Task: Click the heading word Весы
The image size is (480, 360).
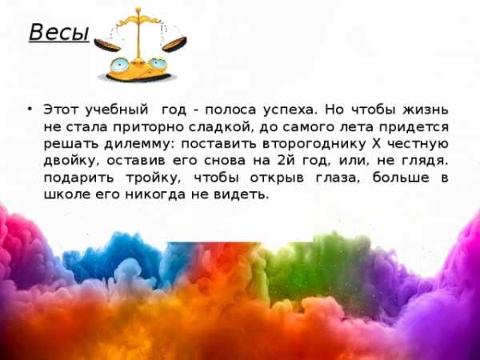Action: click(x=59, y=33)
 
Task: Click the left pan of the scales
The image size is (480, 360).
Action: click(x=107, y=45)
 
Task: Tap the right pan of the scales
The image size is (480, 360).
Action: click(x=174, y=44)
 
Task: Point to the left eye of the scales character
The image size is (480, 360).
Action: click(x=119, y=65)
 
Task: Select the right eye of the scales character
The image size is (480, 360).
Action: click(x=158, y=64)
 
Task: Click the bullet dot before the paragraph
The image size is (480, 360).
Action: click(x=30, y=109)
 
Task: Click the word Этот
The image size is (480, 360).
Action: click(x=62, y=110)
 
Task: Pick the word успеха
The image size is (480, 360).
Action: click(x=289, y=110)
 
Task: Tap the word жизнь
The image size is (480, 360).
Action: click(x=426, y=110)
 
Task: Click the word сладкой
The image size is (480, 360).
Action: click(x=221, y=127)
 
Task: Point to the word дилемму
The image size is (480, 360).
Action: click(x=139, y=144)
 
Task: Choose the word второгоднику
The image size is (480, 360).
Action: click(x=314, y=144)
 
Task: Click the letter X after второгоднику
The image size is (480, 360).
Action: click(x=376, y=143)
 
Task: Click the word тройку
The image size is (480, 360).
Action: click(x=153, y=178)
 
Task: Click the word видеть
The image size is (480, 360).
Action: click(x=241, y=194)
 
